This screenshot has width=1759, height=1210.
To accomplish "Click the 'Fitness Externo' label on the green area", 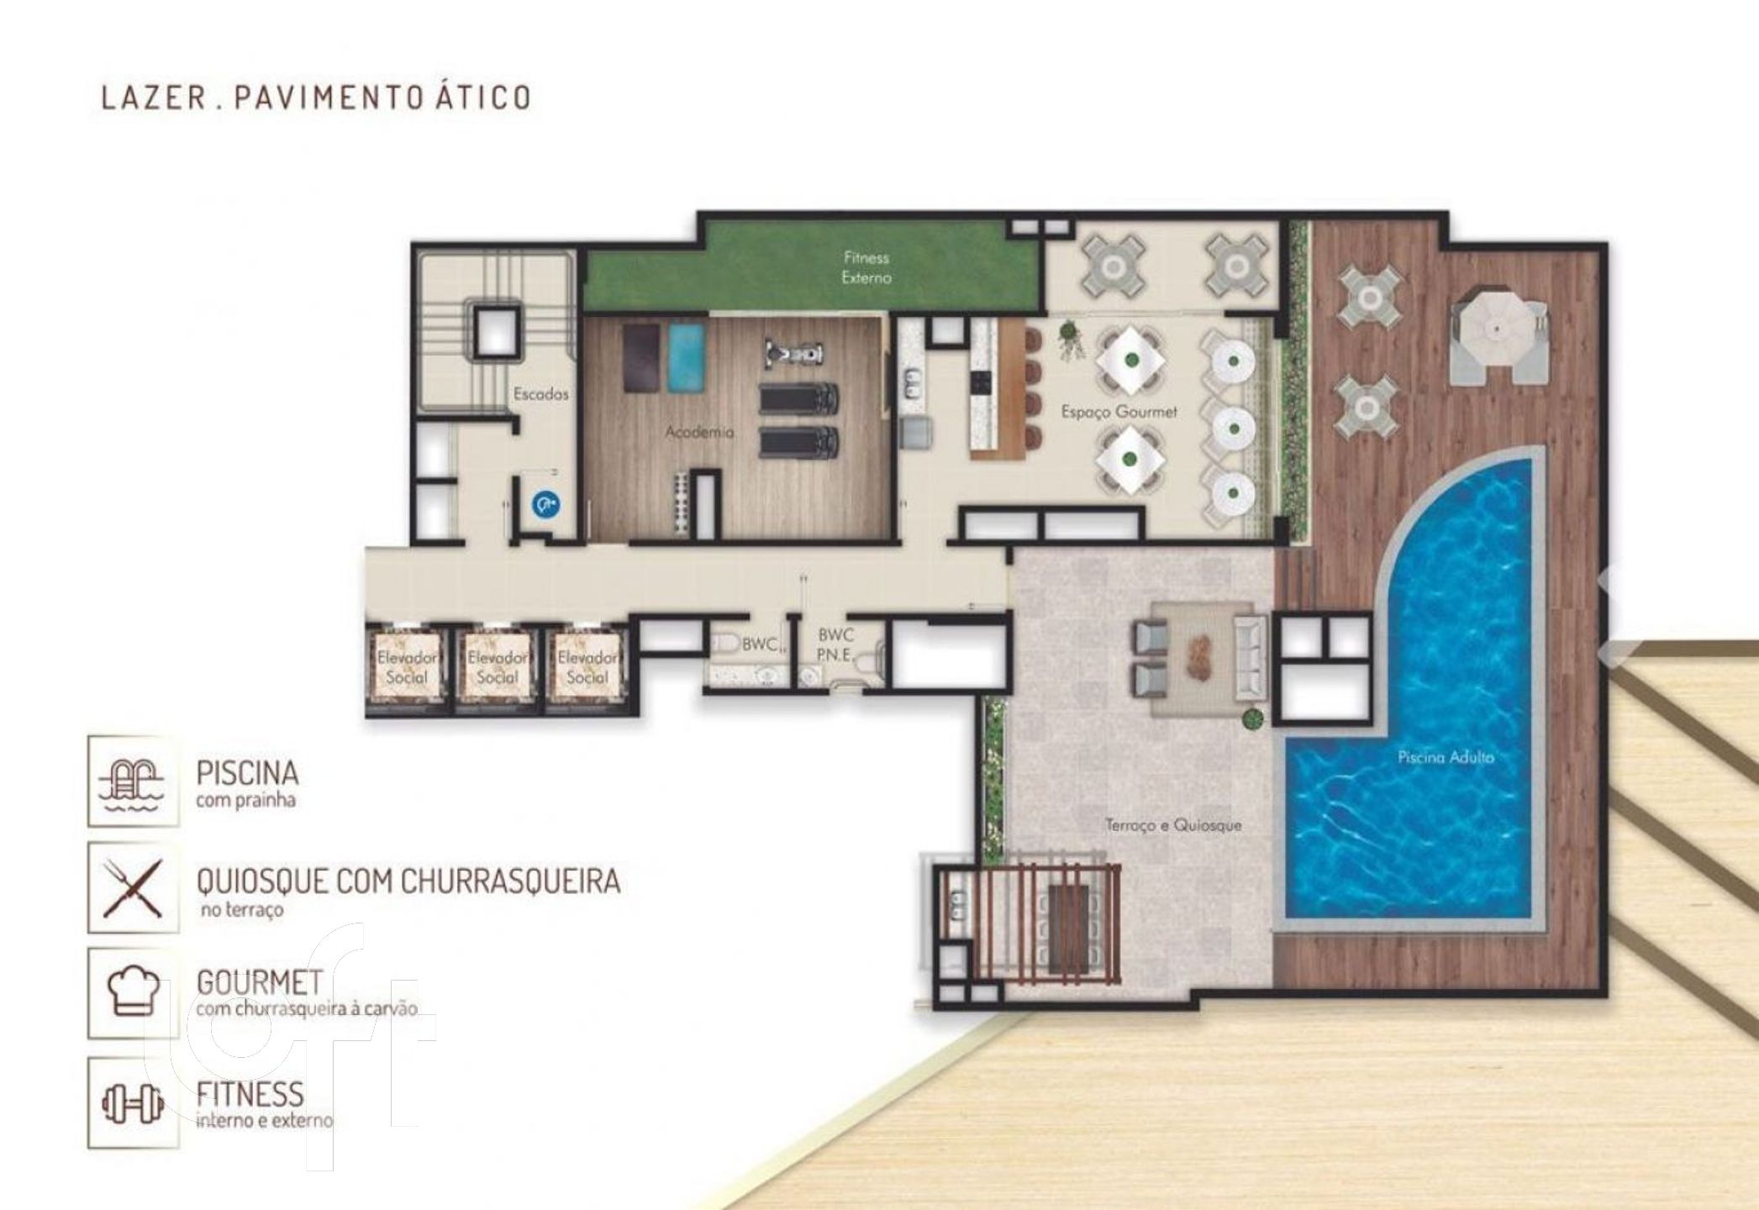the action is pyautogui.click(x=866, y=267).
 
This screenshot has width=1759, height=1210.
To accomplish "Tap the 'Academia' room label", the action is pyautogui.click(x=699, y=432).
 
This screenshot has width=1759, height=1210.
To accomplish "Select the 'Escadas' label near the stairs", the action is pyautogui.click(x=541, y=393).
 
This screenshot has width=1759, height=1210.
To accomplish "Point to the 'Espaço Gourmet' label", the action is pyautogui.click(x=1119, y=412).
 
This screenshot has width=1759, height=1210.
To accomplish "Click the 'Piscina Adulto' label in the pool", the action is pyautogui.click(x=1446, y=757).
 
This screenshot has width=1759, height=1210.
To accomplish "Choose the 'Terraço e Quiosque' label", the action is pyautogui.click(x=1173, y=825).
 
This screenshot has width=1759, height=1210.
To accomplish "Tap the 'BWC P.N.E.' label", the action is pyautogui.click(x=836, y=644).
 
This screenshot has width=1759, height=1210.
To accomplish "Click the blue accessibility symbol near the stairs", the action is pyautogui.click(x=546, y=504).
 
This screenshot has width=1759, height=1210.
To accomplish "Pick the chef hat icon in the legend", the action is pyautogui.click(x=133, y=992).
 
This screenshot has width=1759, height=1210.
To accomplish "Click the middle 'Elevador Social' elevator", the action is pyautogui.click(x=497, y=669).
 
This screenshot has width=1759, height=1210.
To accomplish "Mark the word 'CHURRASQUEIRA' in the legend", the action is pyautogui.click(x=511, y=881).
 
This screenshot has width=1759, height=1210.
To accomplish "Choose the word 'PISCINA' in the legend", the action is pyautogui.click(x=247, y=772).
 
